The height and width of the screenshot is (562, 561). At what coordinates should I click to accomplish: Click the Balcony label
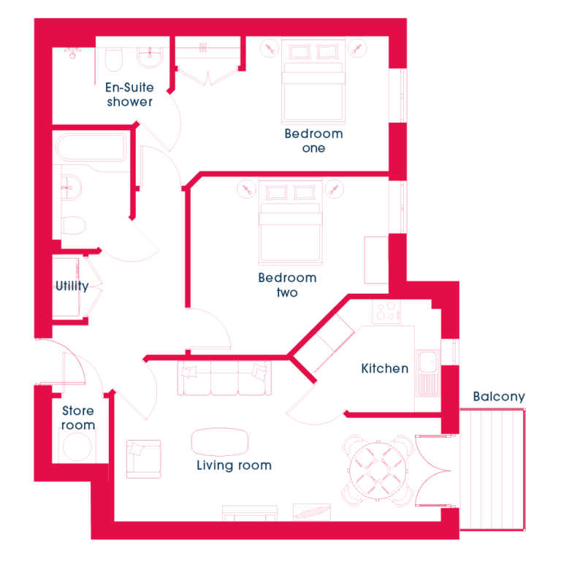pyautogui.click(x=499, y=397)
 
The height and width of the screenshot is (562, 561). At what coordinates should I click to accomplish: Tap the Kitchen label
pyautogui.click(x=385, y=368)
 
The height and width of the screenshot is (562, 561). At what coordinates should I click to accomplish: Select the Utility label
pyautogui.click(x=72, y=286)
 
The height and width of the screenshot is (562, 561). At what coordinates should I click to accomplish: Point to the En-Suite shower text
pyautogui.click(x=130, y=94)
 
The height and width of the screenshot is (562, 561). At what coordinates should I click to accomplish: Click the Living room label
pyautogui.click(x=234, y=466)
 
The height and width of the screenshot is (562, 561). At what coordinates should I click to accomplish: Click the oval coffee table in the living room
pyautogui.click(x=220, y=441)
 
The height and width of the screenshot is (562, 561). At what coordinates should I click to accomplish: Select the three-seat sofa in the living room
pyautogui.click(x=224, y=379)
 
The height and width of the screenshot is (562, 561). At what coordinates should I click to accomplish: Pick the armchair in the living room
pyautogui.click(x=144, y=459)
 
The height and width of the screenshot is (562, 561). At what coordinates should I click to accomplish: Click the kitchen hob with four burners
pyautogui.click(x=386, y=311)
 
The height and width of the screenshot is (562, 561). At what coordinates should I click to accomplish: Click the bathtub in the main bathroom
pyautogui.click(x=91, y=148)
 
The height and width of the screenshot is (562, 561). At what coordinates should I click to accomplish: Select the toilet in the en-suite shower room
pyautogui.click(x=114, y=59)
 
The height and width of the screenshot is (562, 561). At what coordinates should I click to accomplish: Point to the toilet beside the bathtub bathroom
pyautogui.click(x=74, y=225)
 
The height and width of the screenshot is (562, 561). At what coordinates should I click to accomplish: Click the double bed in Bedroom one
pyautogui.click(x=313, y=81)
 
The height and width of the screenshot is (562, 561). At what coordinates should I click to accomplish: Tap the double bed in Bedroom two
pyautogui.click(x=291, y=222)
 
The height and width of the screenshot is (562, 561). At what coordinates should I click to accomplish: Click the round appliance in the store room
pyautogui.click(x=77, y=447)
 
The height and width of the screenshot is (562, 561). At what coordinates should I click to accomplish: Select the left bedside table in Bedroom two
pyautogui.click(x=247, y=189)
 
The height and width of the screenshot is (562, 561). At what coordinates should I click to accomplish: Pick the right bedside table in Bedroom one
pyautogui.click(x=357, y=48)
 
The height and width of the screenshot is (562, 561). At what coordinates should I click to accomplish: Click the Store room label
pyautogui.click(x=78, y=418)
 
